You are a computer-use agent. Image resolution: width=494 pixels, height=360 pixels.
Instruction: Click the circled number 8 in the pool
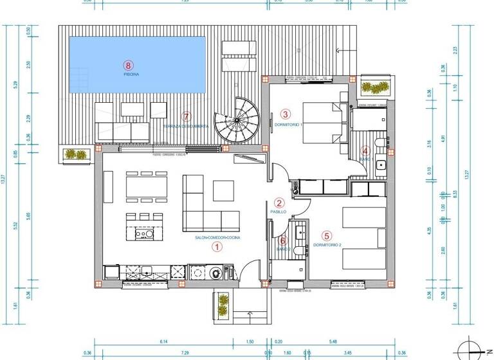129,64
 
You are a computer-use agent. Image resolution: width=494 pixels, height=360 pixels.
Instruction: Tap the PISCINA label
131,74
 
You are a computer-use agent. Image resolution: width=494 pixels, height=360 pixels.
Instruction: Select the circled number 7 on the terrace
187,116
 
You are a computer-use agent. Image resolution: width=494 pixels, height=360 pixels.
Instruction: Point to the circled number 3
286,114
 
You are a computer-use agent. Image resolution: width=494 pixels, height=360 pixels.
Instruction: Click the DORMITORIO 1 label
288,124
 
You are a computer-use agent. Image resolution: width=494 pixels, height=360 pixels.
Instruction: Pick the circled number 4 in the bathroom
366,150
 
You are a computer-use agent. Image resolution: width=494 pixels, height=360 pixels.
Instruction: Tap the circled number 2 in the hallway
279,202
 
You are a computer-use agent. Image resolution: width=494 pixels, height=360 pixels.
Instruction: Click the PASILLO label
278,211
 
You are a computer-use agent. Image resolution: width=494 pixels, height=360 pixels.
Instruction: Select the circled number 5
327,235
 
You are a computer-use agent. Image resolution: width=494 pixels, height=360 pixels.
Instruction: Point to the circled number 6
283,240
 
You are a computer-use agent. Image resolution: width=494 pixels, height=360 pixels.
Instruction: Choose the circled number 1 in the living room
217,246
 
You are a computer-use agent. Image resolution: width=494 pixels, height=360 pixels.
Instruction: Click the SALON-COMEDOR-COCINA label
217,237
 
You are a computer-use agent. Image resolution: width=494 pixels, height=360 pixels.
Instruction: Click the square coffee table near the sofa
223,190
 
